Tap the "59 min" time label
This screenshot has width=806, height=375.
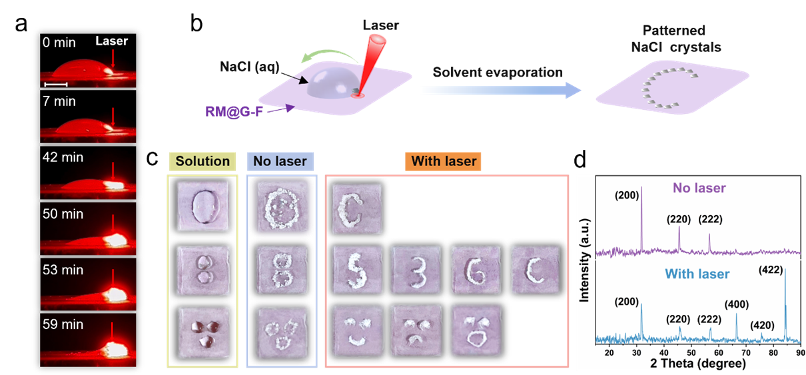click(63, 324)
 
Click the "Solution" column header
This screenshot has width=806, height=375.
click(202, 161)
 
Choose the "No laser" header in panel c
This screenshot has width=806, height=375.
click(280, 161)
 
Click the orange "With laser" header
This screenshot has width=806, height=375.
click(446, 161)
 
